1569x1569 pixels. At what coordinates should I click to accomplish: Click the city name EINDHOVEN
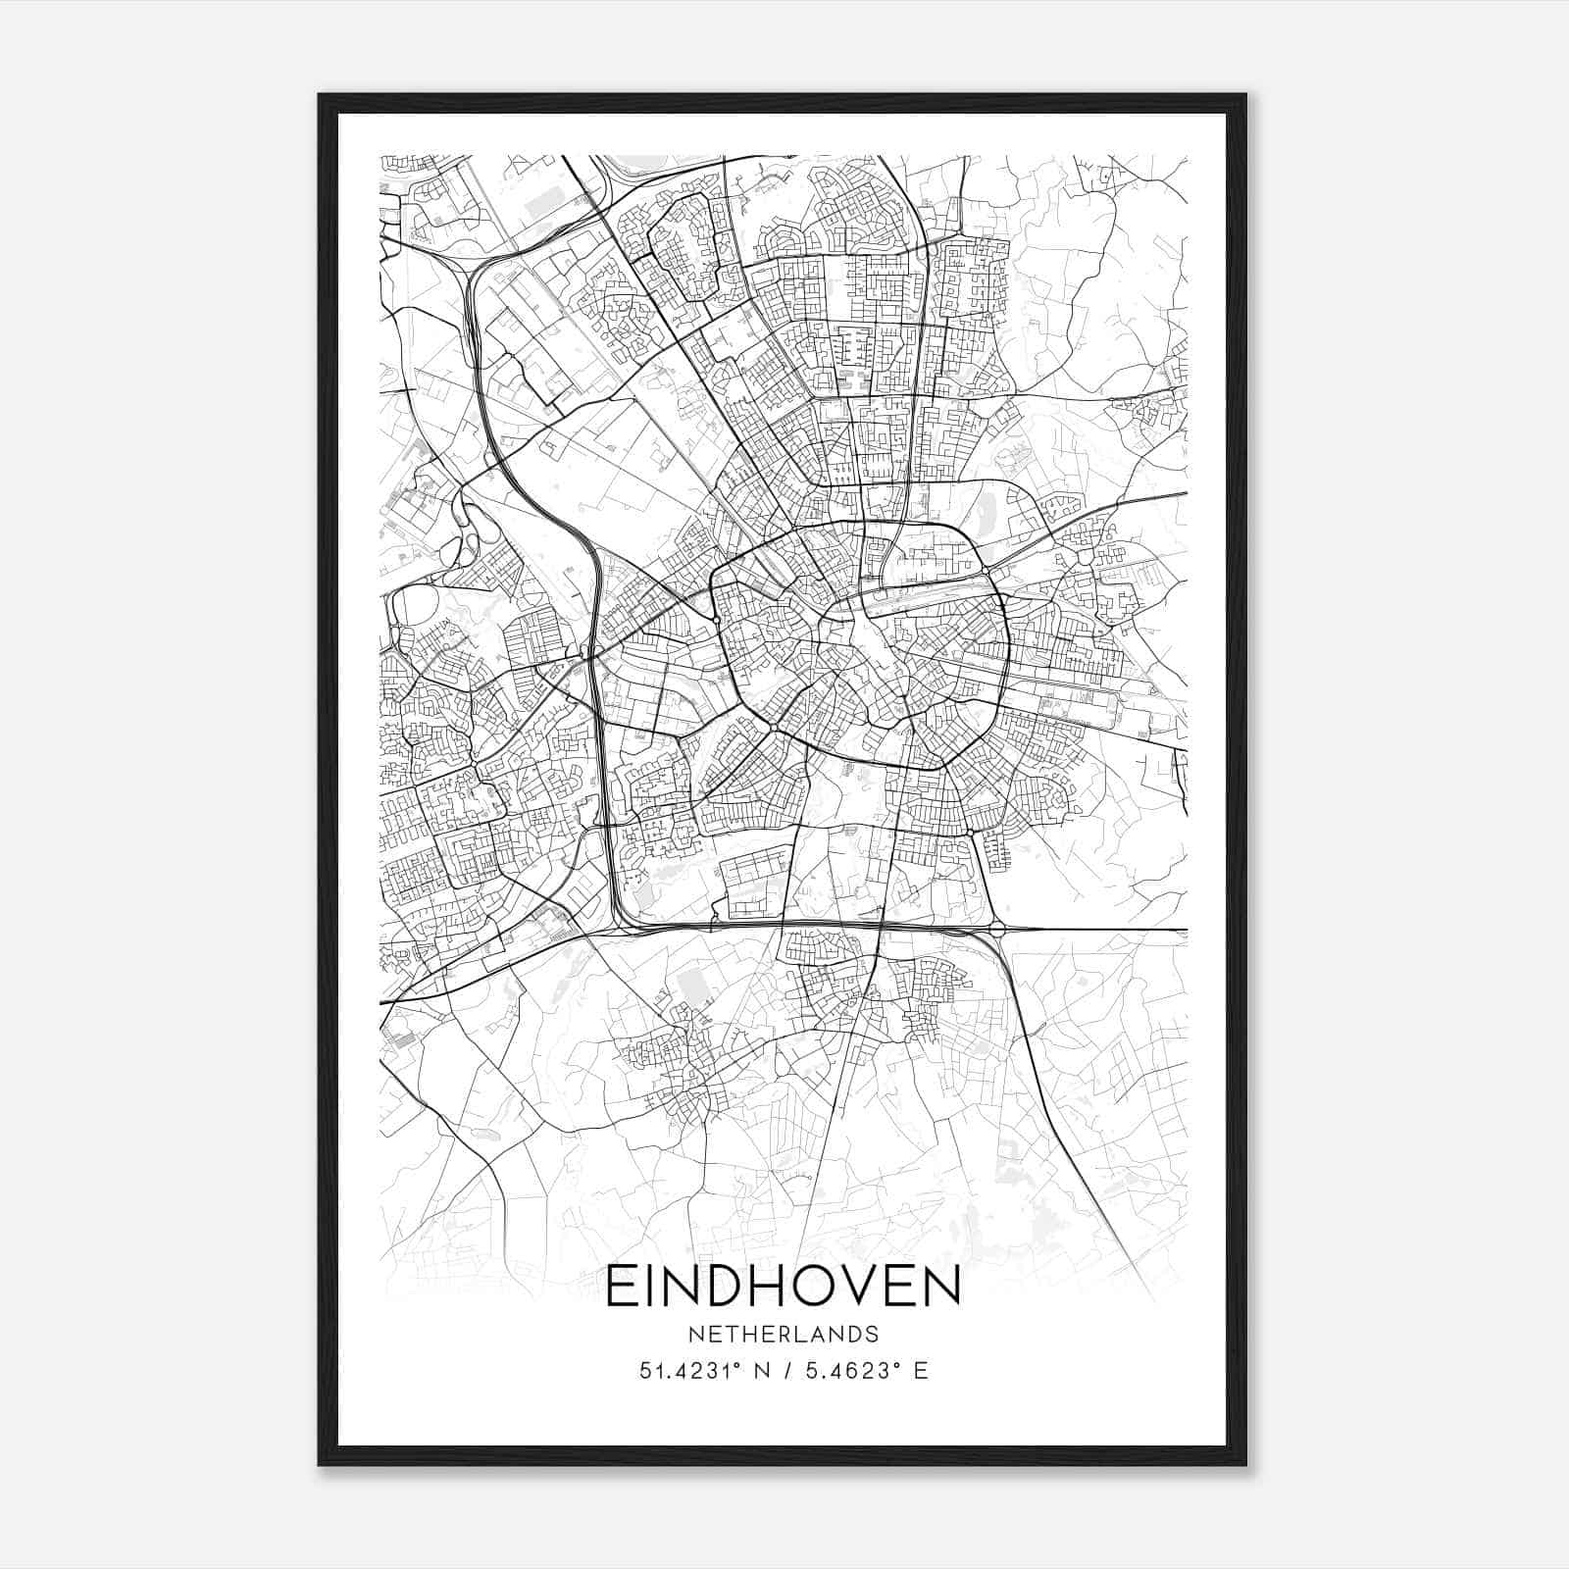pyautogui.click(x=783, y=1288)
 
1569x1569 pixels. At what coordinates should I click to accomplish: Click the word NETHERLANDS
pyautogui.click(x=783, y=1335)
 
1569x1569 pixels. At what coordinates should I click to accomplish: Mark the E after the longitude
pyautogui.click(x=920, y=1371)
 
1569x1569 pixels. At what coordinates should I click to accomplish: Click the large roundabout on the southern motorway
pyautogui.click(x=997, y=928)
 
